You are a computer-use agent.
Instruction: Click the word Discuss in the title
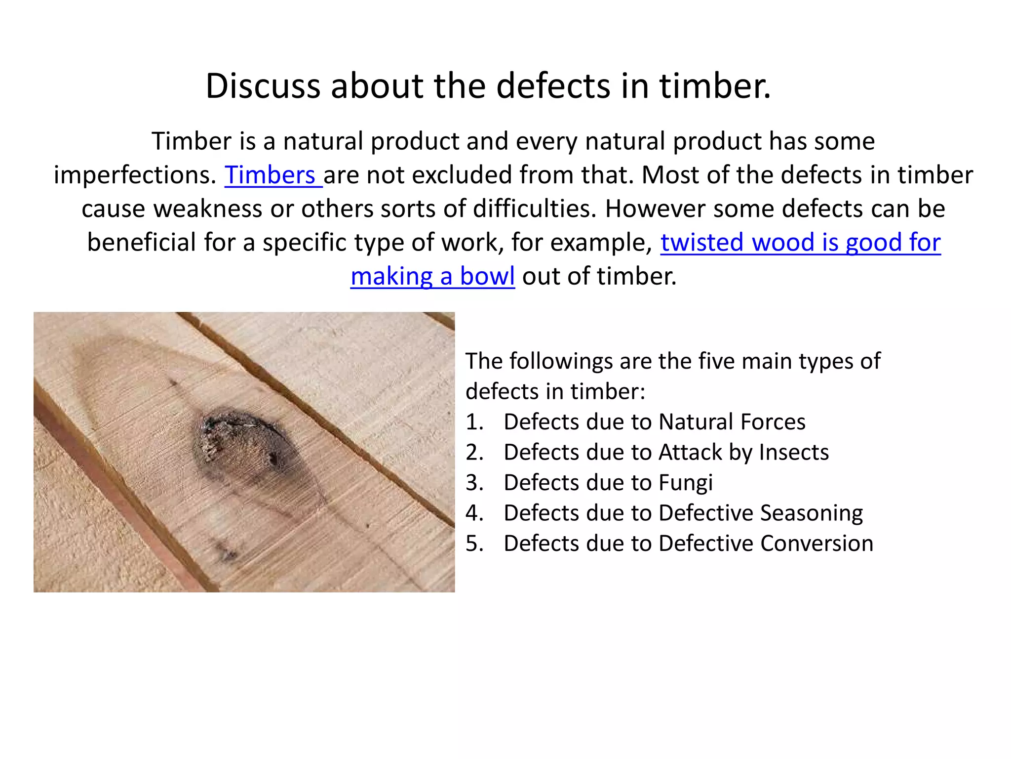(263, 86)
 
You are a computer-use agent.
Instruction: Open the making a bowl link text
(432, 276)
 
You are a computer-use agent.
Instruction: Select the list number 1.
(473, 422)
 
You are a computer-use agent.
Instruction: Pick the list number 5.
(473, 543)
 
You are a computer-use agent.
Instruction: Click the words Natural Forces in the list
(732, 422)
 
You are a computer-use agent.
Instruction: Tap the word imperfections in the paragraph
(135, 175)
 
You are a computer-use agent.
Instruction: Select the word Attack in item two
(690, 452)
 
